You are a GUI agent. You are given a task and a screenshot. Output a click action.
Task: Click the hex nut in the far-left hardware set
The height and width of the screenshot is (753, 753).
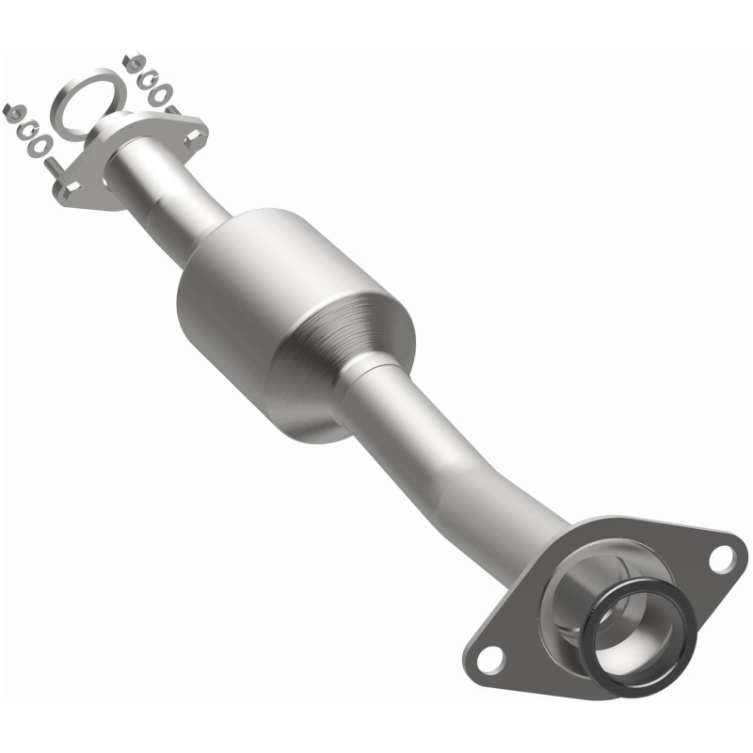(12, 109)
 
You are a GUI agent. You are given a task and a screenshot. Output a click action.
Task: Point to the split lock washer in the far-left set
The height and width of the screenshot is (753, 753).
(27, 126)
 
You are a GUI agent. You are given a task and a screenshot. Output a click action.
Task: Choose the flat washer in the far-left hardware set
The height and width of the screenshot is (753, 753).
(41, 146)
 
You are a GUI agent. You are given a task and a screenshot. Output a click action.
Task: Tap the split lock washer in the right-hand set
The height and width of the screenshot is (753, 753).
(147, 78)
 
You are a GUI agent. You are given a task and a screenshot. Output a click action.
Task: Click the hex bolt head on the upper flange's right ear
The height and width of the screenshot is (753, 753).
(193, 137)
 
